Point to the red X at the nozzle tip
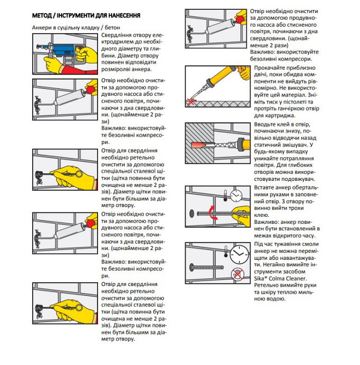pos(191,101)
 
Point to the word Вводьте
pos(266,125)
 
